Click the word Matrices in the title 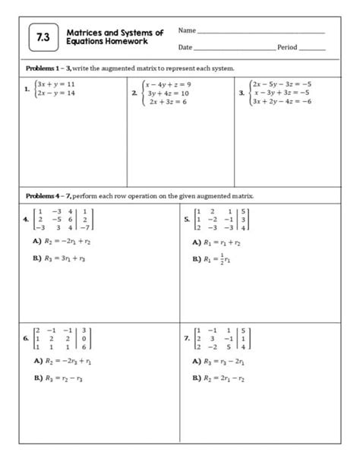pos(84,33)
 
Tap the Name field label pos(186,30)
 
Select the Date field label pos(185,47)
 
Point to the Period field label pos(287,47)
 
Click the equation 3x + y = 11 pos(55,84)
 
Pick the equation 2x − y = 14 pos(55,93)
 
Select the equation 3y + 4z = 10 pos(168,93)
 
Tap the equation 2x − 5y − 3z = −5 pos(282,84)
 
